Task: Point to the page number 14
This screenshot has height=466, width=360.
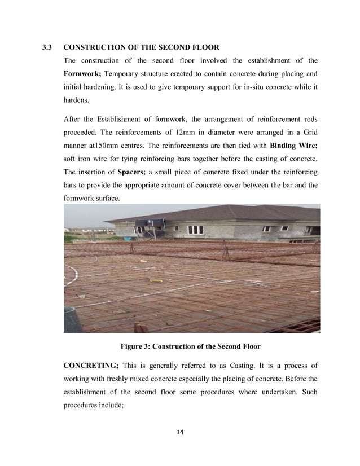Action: pyautogui.click(x=180, y=432)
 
